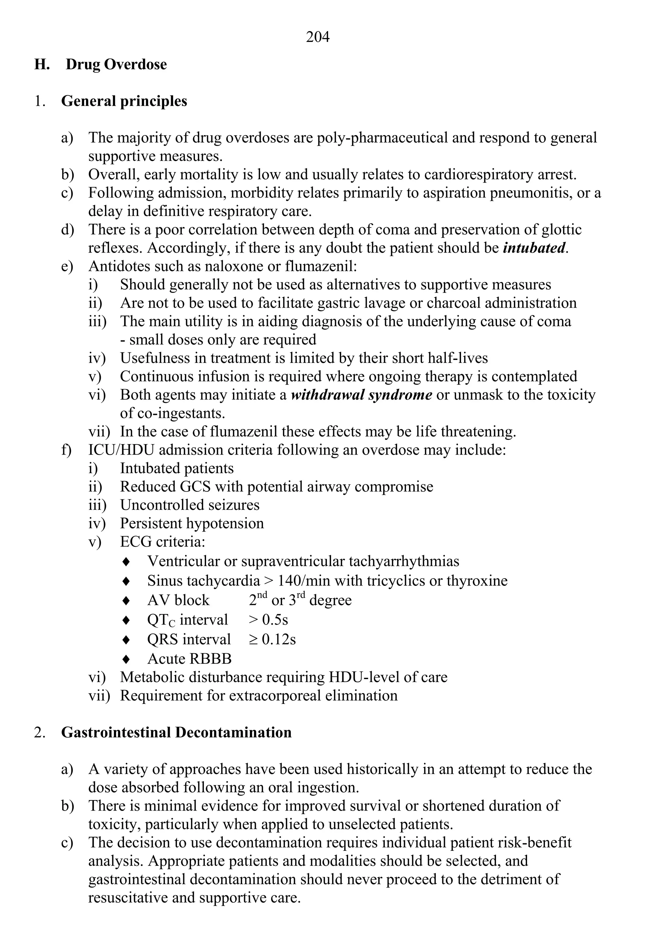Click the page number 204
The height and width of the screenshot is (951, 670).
pyautogui.click(x=318, y=37)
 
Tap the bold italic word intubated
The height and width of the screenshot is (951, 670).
pyautogui.click(x=534, y=248)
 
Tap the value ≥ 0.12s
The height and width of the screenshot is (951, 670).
pyautogui.click(x=273, y=639)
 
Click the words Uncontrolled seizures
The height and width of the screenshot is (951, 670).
pyautogui.click(x=190, y=505)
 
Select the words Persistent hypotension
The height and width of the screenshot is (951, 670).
pyautogui.click(x=192, y=524)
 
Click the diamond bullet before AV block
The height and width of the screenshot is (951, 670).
pyautogui.click(x=127, y=601)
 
